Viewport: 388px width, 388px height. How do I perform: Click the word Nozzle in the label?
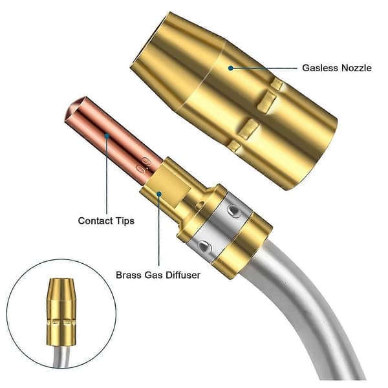(356, 68)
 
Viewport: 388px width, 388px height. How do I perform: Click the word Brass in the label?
(128, 275)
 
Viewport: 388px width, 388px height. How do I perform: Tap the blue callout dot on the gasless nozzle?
(231, 68)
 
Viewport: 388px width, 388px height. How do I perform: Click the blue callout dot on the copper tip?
(107, 136)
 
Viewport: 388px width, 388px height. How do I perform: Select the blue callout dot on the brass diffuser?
(159, 194)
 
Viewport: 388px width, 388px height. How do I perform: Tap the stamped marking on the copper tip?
(144, 164)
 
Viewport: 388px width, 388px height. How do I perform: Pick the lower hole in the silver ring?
(204, 247)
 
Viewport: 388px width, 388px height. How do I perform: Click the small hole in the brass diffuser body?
(200, 205)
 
